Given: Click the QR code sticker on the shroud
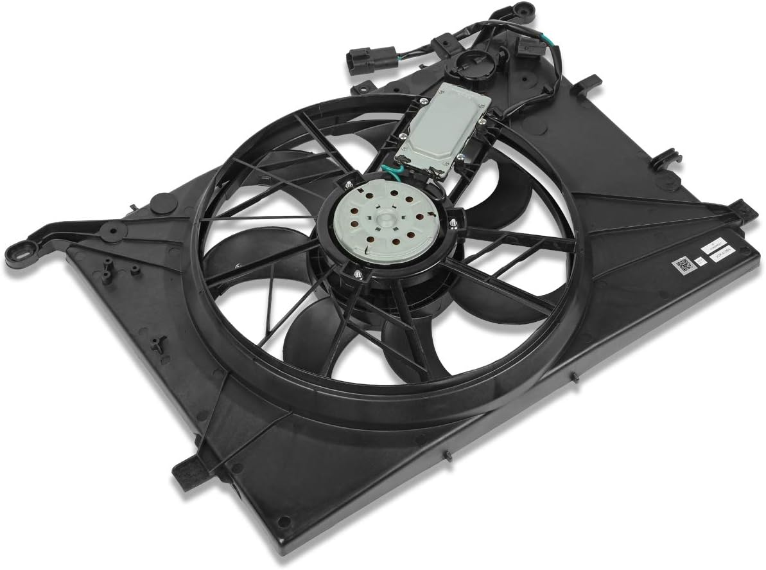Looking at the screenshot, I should [x=683, y=264].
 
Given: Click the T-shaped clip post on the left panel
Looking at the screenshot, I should [x=158, y=343].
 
